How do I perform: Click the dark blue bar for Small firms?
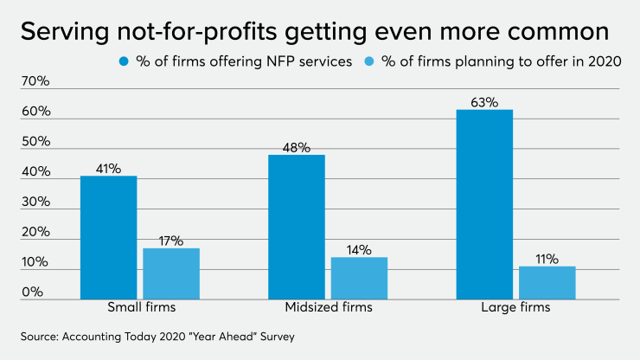[108, 237]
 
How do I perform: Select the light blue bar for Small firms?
[171, 273]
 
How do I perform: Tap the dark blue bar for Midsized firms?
[296, 227]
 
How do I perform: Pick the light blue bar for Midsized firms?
[359, 278]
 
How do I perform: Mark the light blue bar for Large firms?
[547, 282]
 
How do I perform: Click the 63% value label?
[484, 102]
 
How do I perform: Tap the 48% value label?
[296, 147]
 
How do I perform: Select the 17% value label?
[171, 241]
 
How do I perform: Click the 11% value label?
[547, 259]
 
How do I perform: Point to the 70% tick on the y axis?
[35, 82]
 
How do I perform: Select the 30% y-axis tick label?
[35, 202]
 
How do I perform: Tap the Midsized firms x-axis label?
[328, 308]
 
